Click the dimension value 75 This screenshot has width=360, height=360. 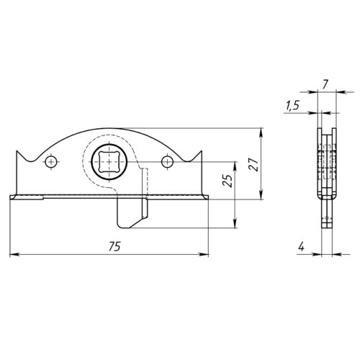[x=114, y=246]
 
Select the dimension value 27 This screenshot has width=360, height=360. [x=254, y=164]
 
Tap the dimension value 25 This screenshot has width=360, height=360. [x=228, y=181]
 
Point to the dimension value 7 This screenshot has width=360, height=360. [x=325, y=85]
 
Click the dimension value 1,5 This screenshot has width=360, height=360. [x=292, y=105]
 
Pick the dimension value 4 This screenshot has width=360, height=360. [x=302, y=247]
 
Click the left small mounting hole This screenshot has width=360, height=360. [x=51, y=162]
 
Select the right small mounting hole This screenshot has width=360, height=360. [x=167, y=162]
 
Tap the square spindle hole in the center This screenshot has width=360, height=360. [x=109, y=162]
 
